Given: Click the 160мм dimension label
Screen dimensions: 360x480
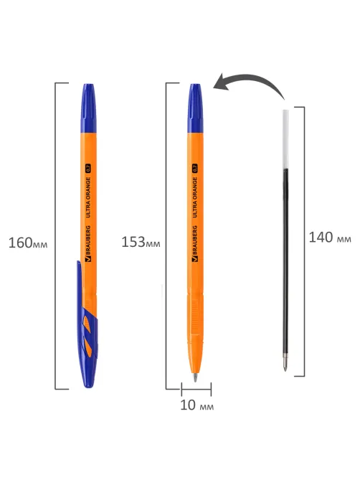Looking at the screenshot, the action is tap(28, 243).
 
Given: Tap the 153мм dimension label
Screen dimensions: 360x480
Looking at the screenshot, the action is tap(141, 242).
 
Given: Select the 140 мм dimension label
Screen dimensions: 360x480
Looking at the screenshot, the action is tap(330, 237).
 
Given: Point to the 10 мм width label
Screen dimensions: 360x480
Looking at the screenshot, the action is tap(196, 405).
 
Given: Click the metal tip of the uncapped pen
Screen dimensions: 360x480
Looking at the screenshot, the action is tap(195, 377).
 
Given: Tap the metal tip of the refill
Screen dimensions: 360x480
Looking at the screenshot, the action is tap(285, 364).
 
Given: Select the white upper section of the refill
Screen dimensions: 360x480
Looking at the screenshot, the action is tap(285, 139).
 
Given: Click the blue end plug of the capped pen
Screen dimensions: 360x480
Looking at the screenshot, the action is tap(88, 108).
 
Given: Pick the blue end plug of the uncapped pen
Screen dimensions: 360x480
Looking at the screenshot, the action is tap(195, 108).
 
